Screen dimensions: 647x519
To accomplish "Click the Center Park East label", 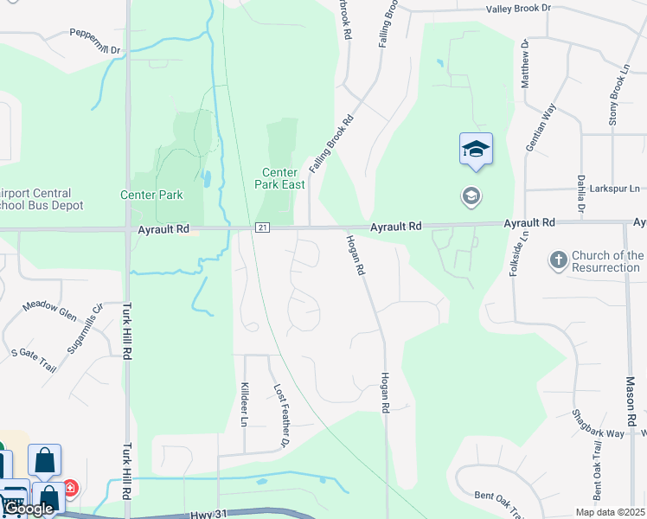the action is (x=279, y=178).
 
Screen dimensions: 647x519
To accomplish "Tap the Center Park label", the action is (x=151, y=195).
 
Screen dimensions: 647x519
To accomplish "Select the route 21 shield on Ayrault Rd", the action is (x=263, y=227).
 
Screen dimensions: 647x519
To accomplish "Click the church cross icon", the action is (x=558, y=259).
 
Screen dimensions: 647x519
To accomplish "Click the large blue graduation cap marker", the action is (x=476, y=151).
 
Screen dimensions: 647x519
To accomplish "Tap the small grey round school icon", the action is (x=471, y=196).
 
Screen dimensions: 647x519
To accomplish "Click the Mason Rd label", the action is (x=631, y=400).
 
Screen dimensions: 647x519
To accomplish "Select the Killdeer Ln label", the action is (x=245, y=404).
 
